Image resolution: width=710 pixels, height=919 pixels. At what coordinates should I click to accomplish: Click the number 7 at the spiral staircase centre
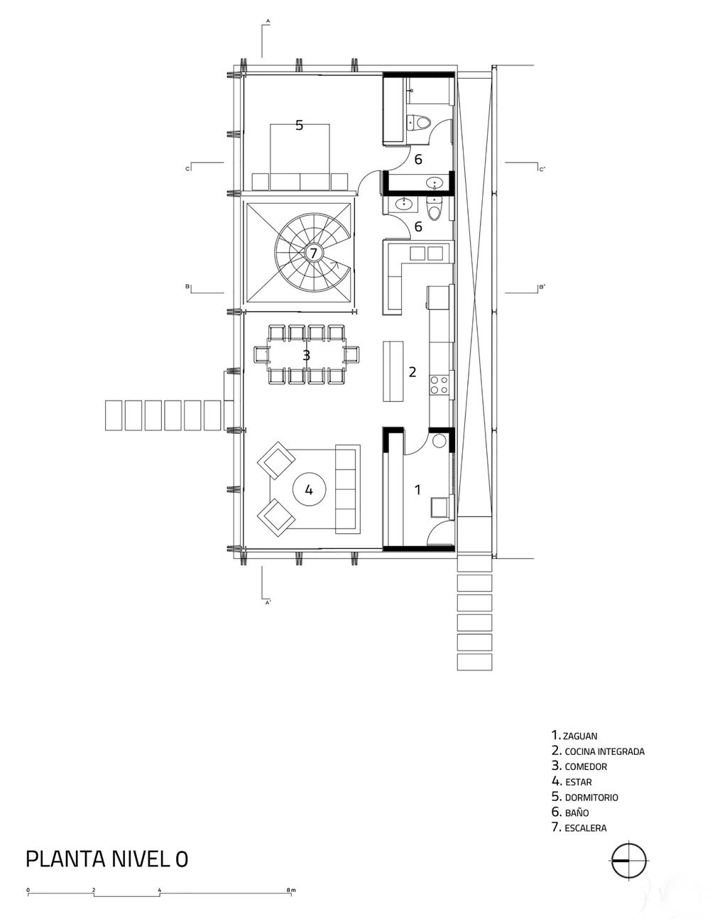[x=313, y=254]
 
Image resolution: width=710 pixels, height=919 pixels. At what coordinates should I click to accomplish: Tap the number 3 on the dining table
[x=307, y=355]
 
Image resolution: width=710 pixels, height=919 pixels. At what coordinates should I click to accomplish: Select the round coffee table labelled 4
[x=310, y=489]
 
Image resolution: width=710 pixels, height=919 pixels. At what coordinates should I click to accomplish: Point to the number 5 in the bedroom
[x=299, y=125]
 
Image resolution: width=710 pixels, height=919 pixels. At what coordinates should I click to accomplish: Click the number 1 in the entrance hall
[x=417, y=490]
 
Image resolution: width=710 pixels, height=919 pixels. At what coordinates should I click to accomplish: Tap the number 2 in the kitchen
[x=413, y=371]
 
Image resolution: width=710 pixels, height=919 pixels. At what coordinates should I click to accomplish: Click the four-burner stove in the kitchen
[x=439, y=385]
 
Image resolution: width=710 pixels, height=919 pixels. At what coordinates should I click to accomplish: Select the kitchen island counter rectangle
[x=393, y=371]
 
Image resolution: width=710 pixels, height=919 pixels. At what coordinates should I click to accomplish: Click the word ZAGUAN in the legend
[x=580, y=736]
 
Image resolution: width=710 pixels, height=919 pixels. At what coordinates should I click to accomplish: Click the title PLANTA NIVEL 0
[x=107, y=859]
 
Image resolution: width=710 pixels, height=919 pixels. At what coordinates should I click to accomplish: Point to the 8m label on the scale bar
[x=291, y=887]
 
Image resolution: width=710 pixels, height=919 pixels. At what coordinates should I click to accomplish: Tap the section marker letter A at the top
[x=268, y=21]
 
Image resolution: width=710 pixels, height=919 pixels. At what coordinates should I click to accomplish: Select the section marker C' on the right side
[x=542, y=169]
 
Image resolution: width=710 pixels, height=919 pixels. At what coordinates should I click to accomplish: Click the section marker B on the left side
[x=187, y=286]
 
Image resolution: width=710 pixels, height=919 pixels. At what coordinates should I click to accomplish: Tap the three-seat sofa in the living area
[x=348, y=489]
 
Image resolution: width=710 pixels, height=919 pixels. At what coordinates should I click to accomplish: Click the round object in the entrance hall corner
[x=439, y=440]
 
